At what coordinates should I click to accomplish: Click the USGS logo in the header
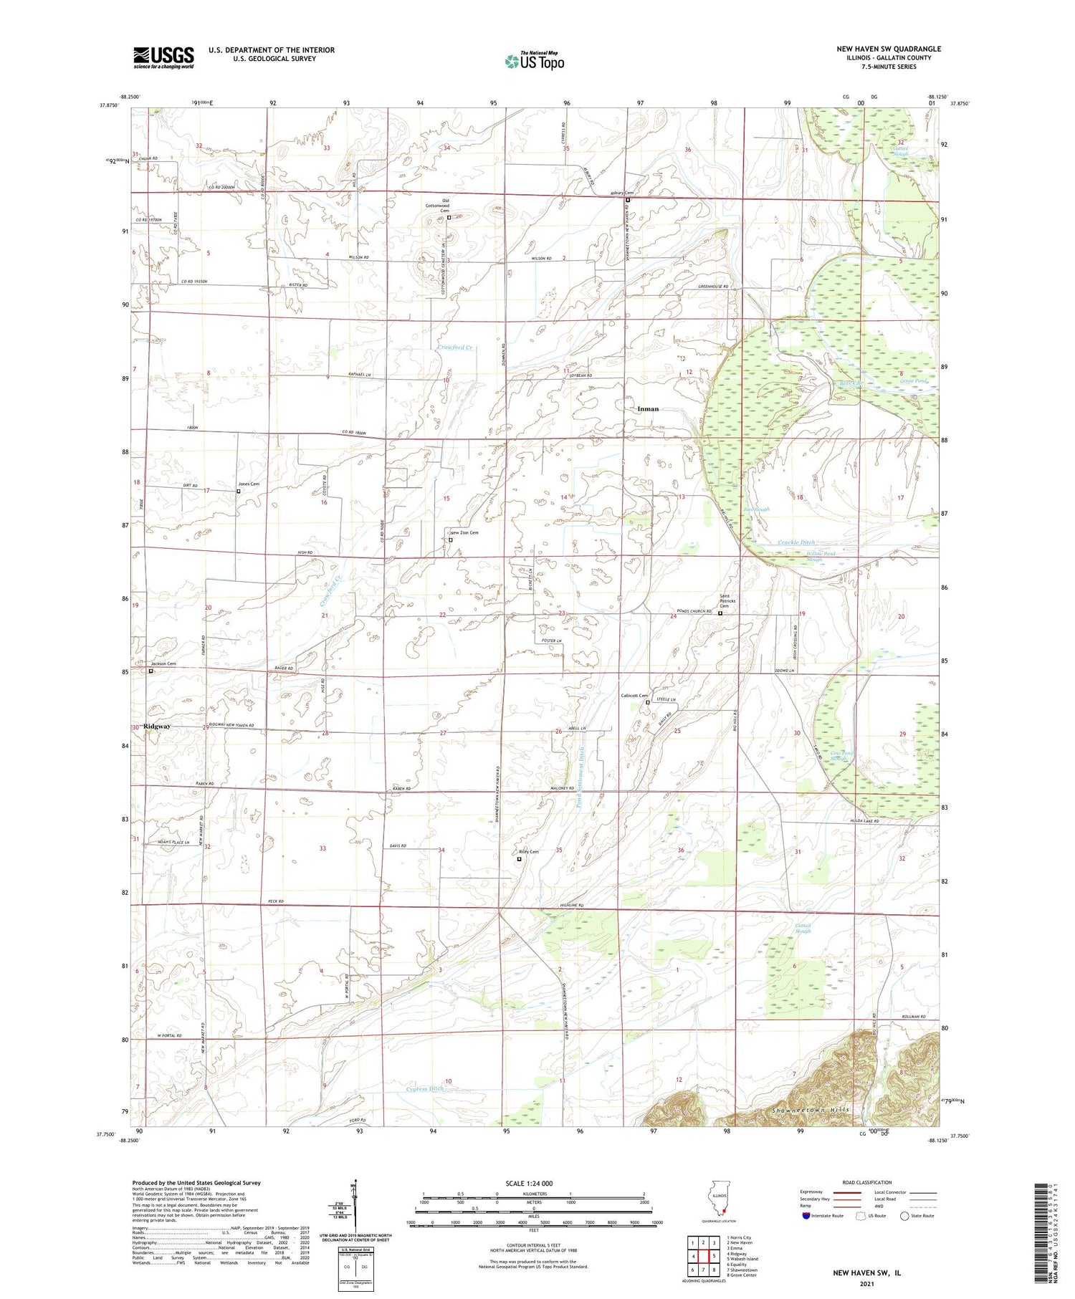click(163, 57)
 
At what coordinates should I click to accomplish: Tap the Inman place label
click(647, 409)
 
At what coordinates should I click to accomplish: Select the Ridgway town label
click(157, 727)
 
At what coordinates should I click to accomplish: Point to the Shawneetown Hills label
click(811, 1110)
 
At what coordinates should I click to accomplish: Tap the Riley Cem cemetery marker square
click(520, 859)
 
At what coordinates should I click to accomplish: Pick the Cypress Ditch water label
click(425, 1088)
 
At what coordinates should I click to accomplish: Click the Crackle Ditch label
click(795, 542)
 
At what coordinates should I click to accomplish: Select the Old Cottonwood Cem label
click(445, 205)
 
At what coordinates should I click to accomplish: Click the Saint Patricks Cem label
click(729, 600)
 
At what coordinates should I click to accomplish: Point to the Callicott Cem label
click(634, 696)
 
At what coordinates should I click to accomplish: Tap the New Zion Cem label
click(464, 533)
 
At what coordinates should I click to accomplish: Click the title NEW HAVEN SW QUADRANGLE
click(888, 49)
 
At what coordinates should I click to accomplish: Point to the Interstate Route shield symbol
click(805, 1215)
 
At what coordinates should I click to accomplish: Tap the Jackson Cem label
click(163, 664)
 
